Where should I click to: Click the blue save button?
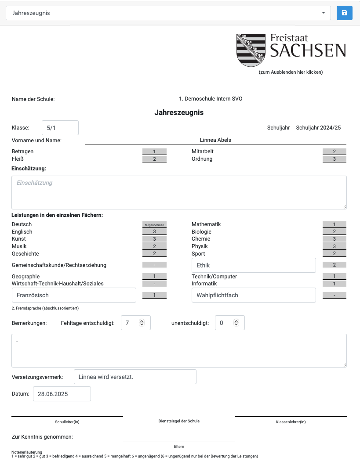click(x=344, y=13)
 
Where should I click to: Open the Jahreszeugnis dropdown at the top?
click(x=168, y=13)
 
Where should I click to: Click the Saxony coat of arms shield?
click(x=251, y=50)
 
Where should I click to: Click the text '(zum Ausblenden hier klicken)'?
click(x=291, y=72)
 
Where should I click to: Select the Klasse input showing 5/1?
click(x=60, y=128)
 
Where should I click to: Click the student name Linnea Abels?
click(x=215, y=140)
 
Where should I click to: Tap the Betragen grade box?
click(x=154, y=151)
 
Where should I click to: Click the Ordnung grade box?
click(x=334, y=159)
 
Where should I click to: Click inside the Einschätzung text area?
click(x=179, y=192)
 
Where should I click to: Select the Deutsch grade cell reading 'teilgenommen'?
click(x=154, y=225)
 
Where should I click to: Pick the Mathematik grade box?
click(x=334, y=224)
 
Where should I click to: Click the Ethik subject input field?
click(x=254, y=265)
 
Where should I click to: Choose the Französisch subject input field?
click(x=74, y=295)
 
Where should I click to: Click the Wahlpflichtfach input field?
click(x=254, y=295)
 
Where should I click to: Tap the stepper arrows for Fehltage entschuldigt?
click(x=142, y=323)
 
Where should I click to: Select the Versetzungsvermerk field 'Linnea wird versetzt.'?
click(x=135, y=377)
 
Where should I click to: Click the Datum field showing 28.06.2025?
click(x=62, y=394)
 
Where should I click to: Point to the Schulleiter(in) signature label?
click(x=67, y=422)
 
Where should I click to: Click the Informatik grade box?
click(x=334, y=284)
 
